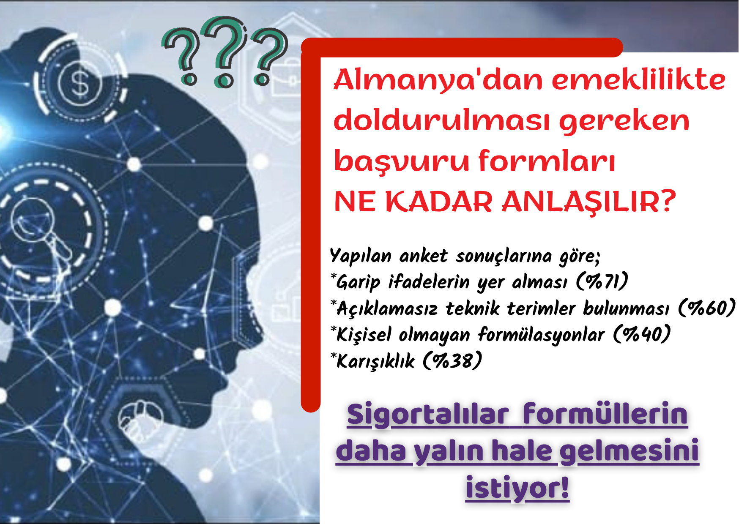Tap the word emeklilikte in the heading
point(639,79)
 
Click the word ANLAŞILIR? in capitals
point(588,202)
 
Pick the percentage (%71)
point(602,281)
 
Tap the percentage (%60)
point(707,307)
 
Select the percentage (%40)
point(642,334)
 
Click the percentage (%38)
point(452,360)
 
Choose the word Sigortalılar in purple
point(427,415)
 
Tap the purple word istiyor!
point(517,488)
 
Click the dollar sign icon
point(80,82)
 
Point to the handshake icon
point(140,421)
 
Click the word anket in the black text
point(423,256)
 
